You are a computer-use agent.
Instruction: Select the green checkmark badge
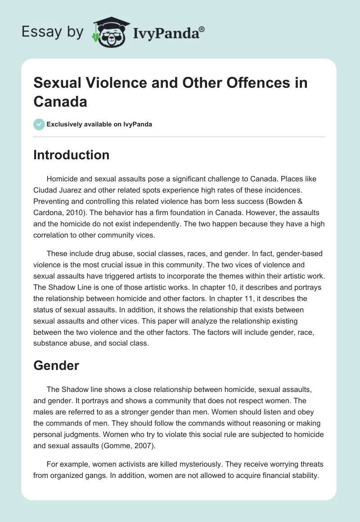[40, 124]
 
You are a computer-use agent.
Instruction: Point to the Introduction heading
[72, 155]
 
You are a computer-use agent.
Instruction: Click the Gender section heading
[56, 365]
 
